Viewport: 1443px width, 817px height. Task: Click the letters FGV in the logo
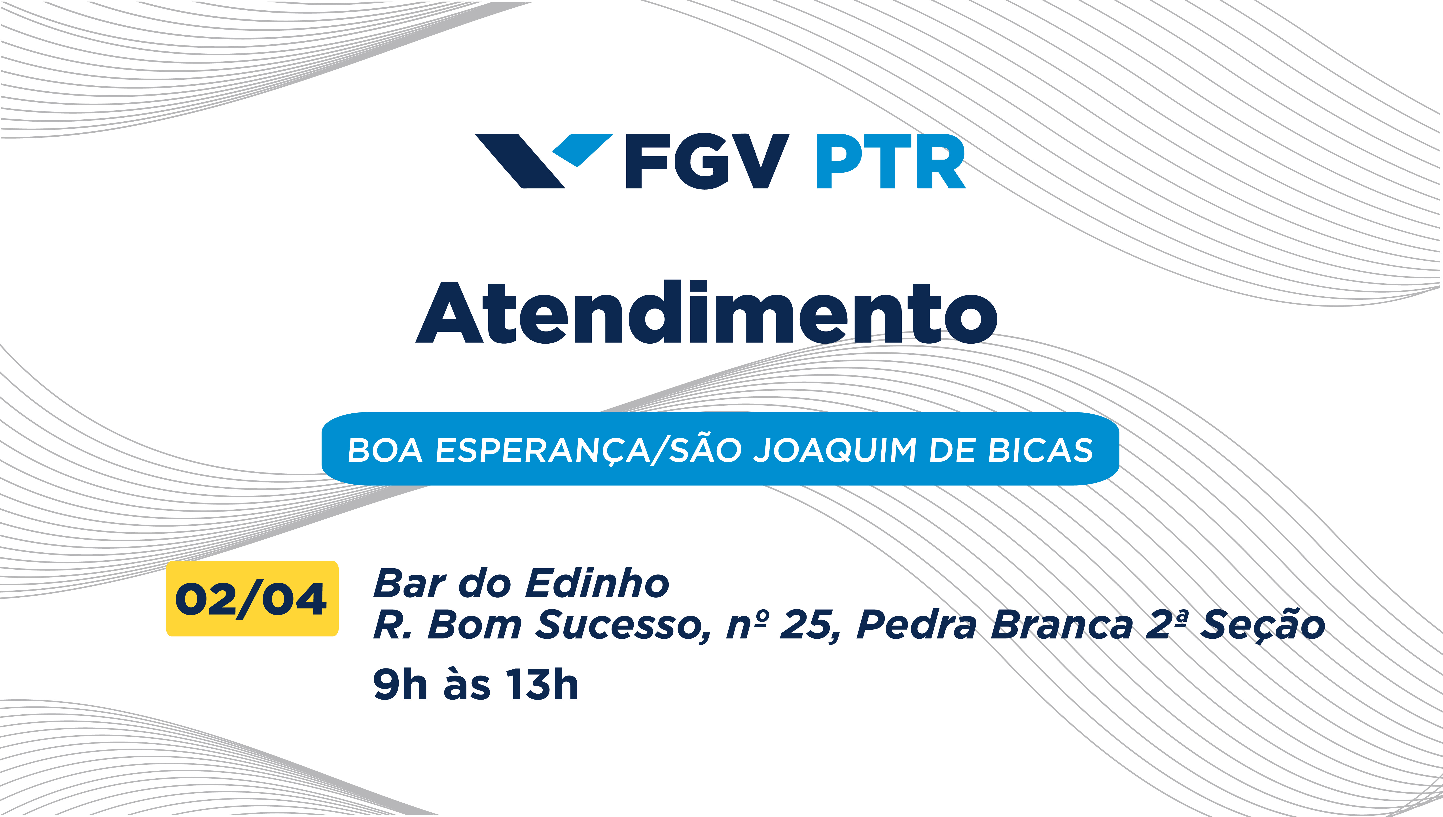[707, 161]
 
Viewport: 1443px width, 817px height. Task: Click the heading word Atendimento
[706, 312]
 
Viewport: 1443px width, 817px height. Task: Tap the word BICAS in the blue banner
[1040, 450]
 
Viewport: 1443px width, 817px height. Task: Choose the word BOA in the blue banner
[385, 450]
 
